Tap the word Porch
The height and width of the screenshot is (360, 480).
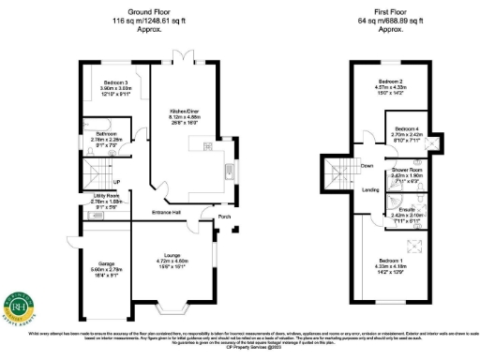click(224, 219)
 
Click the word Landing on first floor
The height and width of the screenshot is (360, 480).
click(370, 190)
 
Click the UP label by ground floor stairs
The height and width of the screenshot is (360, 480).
click(117, 181)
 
